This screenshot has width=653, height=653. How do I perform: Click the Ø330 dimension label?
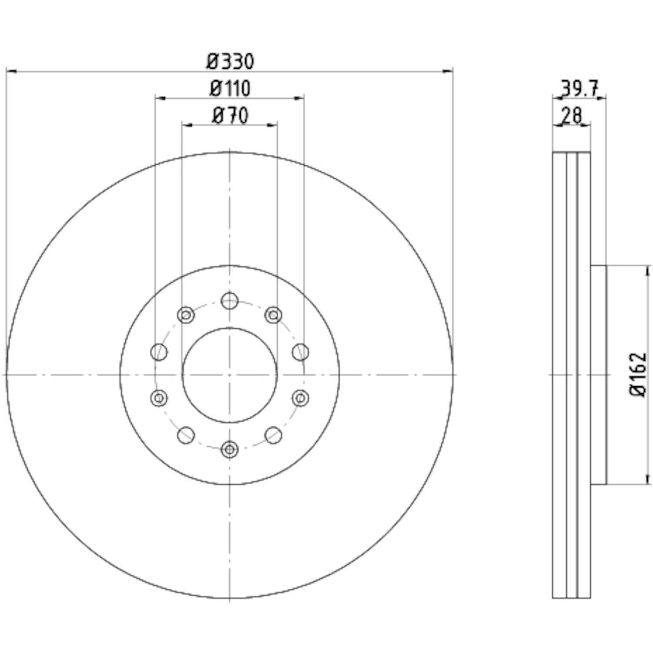[230, 61]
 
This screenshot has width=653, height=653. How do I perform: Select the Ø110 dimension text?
[230, 89]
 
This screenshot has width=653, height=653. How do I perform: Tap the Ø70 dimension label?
[230, 116]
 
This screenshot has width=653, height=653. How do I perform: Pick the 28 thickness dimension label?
[572, 116]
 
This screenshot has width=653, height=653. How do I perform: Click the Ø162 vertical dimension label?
[638, 374]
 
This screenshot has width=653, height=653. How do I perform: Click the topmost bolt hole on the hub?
[229, 300]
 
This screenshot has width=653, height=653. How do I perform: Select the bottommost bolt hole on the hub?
[229, 449]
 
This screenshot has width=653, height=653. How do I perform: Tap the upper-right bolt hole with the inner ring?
[273, 314]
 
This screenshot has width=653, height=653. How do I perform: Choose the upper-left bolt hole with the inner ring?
[186, 314]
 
